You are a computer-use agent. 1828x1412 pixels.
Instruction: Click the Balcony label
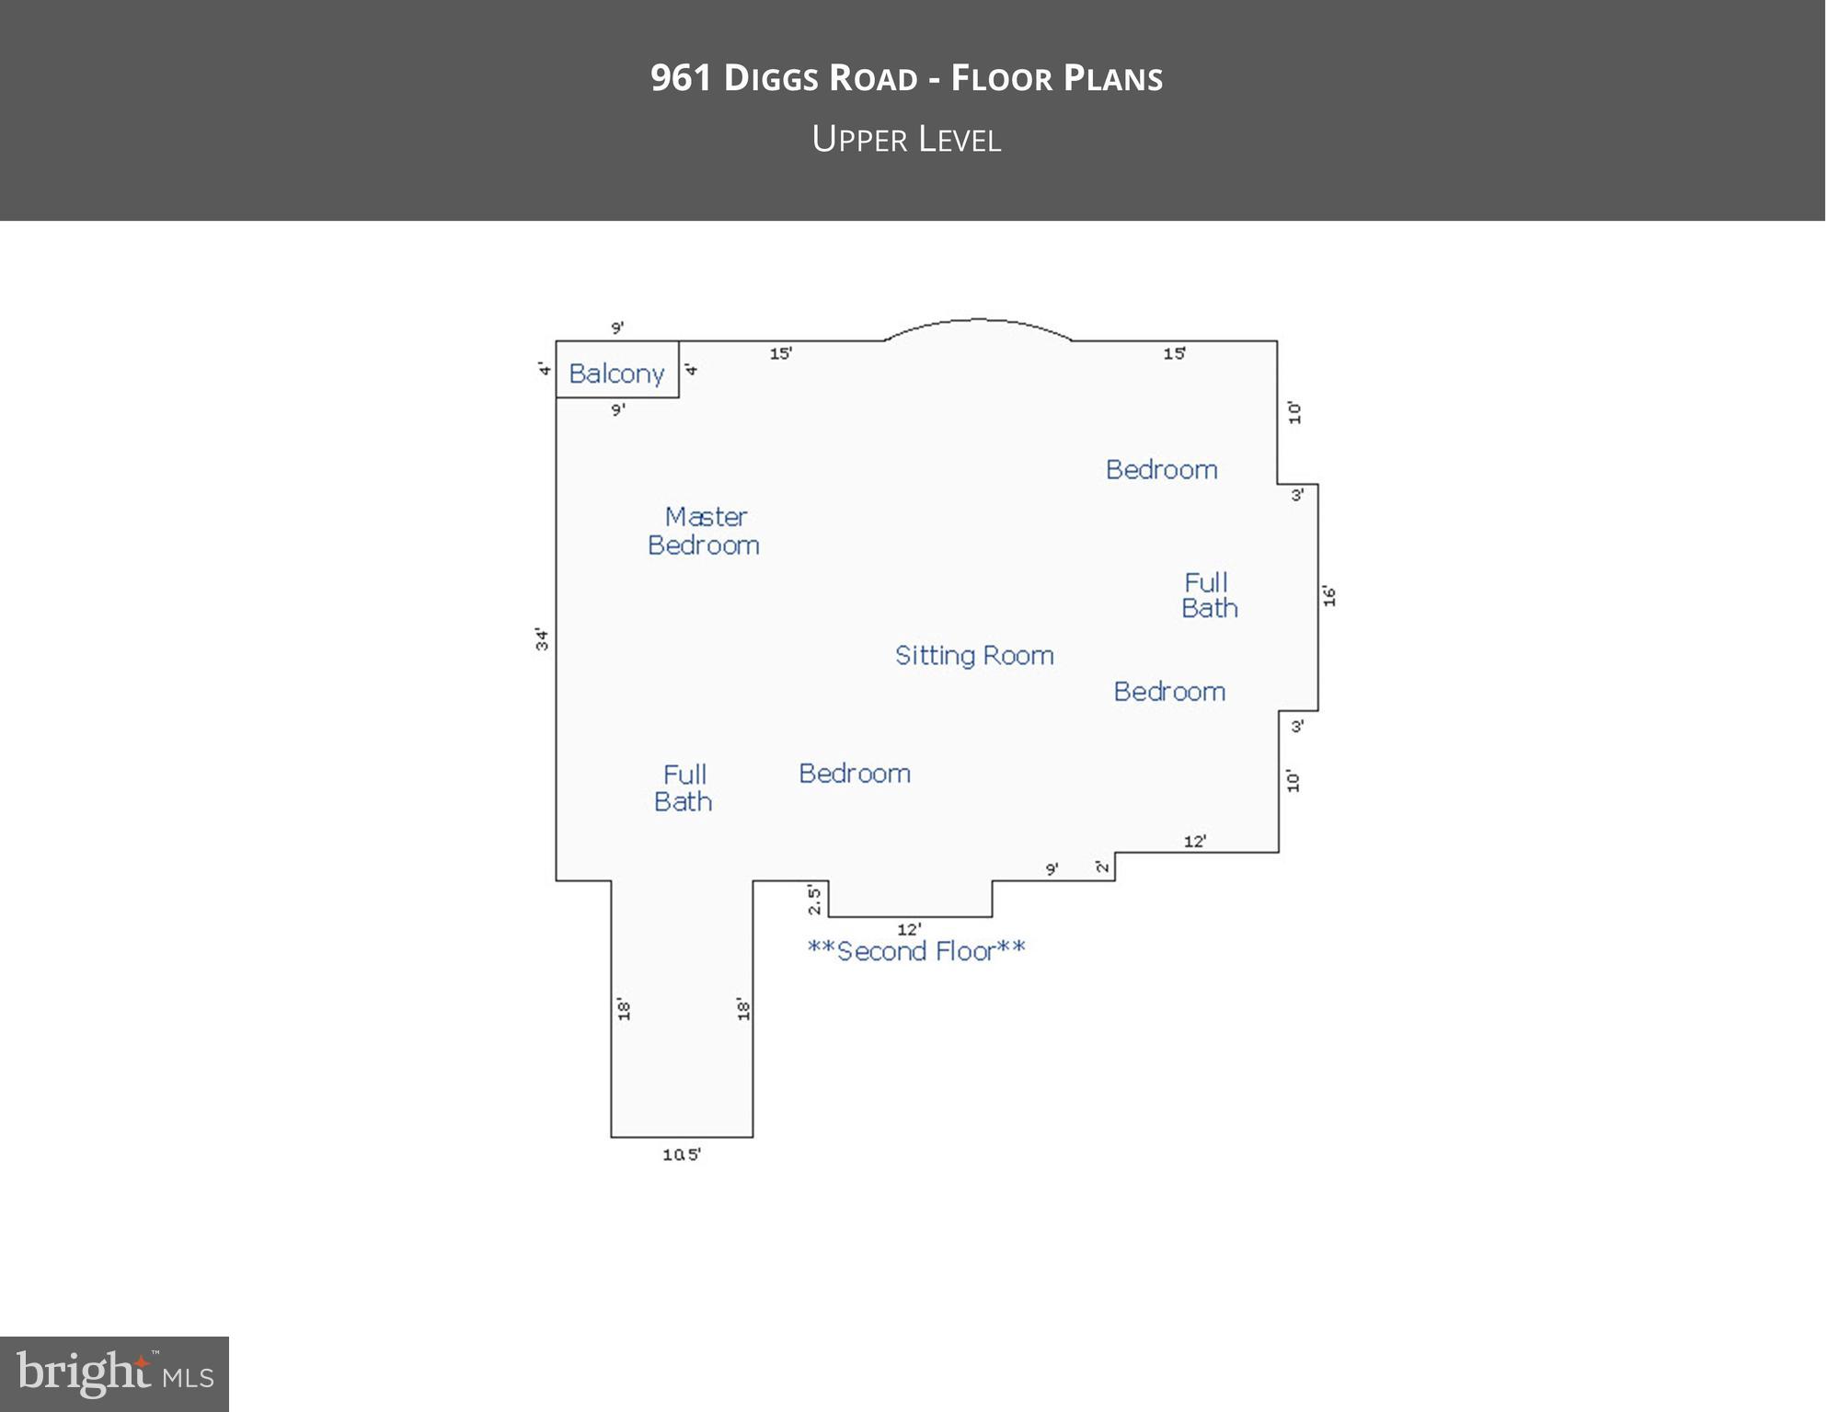pos(616,373)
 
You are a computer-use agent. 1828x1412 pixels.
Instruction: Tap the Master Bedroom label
pos(704,531)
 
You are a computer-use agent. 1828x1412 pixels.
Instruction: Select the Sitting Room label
pos(974,655)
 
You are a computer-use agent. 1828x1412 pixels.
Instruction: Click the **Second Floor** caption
pos(916,950)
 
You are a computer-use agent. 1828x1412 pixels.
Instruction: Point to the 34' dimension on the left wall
pos(543,639)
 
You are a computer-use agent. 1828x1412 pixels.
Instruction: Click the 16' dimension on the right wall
pos(1329,596)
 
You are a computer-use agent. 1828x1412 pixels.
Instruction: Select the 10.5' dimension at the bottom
pos(682,1154)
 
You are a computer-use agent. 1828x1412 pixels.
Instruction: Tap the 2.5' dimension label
pos(814,900)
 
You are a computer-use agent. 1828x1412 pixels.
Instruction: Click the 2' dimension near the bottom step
pos(1102,866)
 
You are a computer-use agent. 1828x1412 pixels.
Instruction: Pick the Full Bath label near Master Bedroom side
pos(684,788)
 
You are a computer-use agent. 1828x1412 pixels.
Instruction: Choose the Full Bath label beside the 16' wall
pos(1209,595)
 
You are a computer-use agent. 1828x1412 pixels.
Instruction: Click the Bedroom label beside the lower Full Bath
pos(855,774)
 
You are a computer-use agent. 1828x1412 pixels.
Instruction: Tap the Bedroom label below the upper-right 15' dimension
pos(1162,469)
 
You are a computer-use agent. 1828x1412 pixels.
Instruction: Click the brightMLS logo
pos(114,1373)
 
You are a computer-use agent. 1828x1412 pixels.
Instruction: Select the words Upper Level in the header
pos(907,139)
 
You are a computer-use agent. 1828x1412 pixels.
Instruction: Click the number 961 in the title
pos(681,78)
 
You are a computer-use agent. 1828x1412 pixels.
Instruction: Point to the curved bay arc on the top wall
pos(978,320)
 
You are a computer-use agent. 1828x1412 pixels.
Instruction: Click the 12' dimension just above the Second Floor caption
pos(909,929)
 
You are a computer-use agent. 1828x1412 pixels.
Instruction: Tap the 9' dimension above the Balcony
pos(617,327)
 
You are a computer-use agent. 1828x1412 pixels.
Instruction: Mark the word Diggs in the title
pos(771,78)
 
